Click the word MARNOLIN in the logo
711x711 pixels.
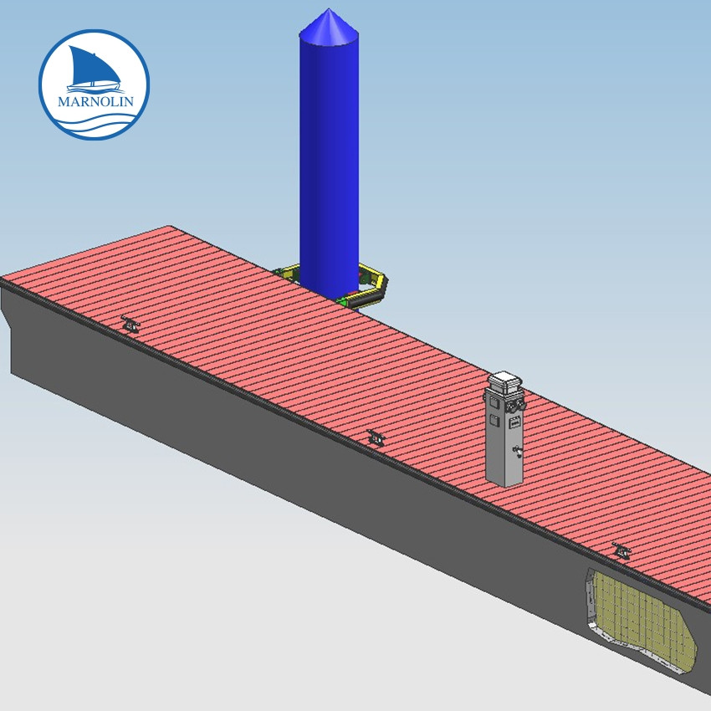(93, 102)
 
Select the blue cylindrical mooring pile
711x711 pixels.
(329, 167)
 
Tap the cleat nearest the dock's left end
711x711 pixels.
(129, 323)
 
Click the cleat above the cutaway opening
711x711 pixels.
(621, 550)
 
